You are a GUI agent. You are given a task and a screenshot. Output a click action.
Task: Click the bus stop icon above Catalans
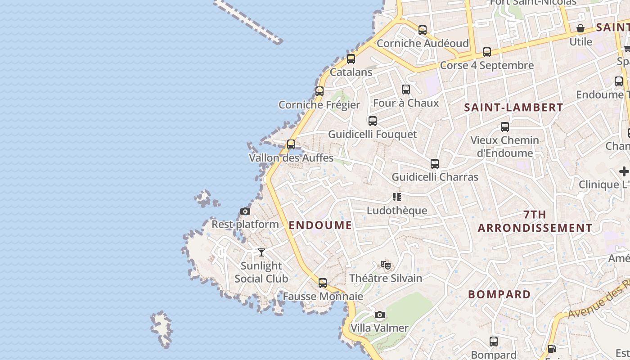click(x=351, y=59)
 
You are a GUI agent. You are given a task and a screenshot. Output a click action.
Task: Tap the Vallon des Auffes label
click(x=291, y=158)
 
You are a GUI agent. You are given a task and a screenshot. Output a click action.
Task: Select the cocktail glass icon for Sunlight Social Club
click(x=261, y=252)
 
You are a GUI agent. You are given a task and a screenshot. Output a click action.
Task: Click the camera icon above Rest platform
click(x=245, y=211)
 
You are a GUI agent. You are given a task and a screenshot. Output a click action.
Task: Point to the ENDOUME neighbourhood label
click(x=320, y=225)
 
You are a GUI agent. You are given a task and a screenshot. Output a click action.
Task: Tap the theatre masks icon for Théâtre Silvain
click(x=386, y=265)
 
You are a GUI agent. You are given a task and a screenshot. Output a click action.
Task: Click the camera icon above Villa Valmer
click(x=380, y=315)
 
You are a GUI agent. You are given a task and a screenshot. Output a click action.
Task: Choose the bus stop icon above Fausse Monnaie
click(x=323, y=283)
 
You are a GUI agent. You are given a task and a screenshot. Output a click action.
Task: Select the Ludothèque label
click(x=397, y=210)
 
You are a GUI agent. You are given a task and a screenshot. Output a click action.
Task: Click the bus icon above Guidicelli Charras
click(x=435, y=164)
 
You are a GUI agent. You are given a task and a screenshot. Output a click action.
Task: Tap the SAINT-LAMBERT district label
click(x=513, y=108)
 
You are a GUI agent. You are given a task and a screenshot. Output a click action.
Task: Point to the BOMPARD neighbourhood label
click(x=499, y=294)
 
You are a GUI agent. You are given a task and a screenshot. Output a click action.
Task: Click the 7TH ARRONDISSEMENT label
click(x=535, y=221)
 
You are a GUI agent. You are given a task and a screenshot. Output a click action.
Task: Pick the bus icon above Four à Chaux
click(x=406, y=90)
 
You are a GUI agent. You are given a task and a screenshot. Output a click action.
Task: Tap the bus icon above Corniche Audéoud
click(x=423, y=30)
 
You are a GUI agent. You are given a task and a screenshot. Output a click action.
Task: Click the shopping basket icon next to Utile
click(x=580, y=29)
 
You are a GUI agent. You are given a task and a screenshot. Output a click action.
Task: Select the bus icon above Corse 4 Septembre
click(x=487, y=52)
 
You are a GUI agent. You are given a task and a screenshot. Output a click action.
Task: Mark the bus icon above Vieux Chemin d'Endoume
click(x=505, y=127)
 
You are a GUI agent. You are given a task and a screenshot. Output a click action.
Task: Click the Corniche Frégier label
click(x=319, y=105)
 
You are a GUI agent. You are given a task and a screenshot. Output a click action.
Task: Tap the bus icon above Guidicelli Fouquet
click(x=373, y=121)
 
